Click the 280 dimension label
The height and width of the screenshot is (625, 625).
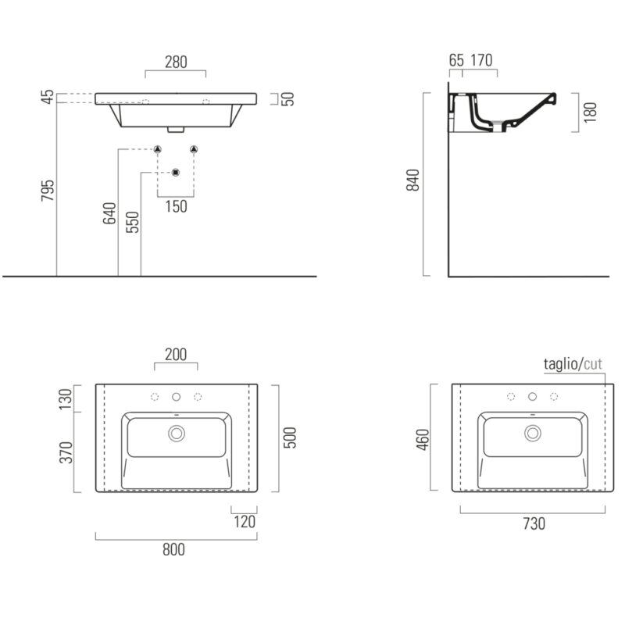coord(176,62)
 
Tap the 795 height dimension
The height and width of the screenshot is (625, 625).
coord(48,191)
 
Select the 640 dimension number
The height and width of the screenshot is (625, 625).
coord(109,213)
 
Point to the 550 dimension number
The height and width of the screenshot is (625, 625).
coord(132,222)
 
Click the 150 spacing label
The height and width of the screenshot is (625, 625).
coord(177,206)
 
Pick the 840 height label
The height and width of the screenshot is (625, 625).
coord(413,180)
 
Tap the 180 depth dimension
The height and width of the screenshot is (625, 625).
coord(590,112)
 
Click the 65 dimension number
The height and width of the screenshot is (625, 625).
coord(456,60)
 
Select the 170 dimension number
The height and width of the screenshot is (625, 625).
coord(481,60)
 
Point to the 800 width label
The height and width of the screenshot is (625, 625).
coord(173,550)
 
